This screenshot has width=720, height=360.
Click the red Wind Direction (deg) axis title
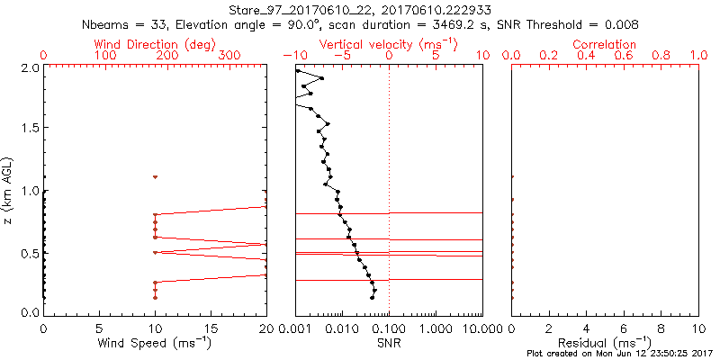(x=154, y=44)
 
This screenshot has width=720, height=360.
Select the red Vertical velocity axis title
(x=388, y=44)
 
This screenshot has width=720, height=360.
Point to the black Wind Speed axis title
(x=154, y=343)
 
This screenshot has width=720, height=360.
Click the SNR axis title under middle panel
(x=388, y=343)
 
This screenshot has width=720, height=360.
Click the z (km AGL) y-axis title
(x=10, y=190)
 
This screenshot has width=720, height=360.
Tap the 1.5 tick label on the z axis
(x=29, y=129)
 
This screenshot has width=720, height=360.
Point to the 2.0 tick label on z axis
(x=29, y=67)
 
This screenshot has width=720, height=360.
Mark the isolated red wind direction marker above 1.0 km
(x=155, y=177)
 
